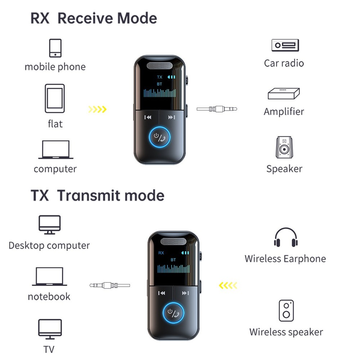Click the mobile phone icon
click(x=55, y=48)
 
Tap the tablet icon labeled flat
click(x=55, y=99)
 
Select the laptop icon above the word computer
click(x=55, y=149)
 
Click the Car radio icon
click(x=285, y=45)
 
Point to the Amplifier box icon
click(x=284, y=94)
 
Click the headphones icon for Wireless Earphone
click(x=285, y=238)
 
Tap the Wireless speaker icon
click(x=286, y=311)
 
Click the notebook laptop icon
click(x=50, y=276)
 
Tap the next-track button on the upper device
click(x=172, y=117)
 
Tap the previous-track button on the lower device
click(x=162, y=293)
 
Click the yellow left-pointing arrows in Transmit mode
click(x=228, y=286)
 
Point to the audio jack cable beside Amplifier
click(x=217, y=108)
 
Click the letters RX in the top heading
click(x=40, y=18)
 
